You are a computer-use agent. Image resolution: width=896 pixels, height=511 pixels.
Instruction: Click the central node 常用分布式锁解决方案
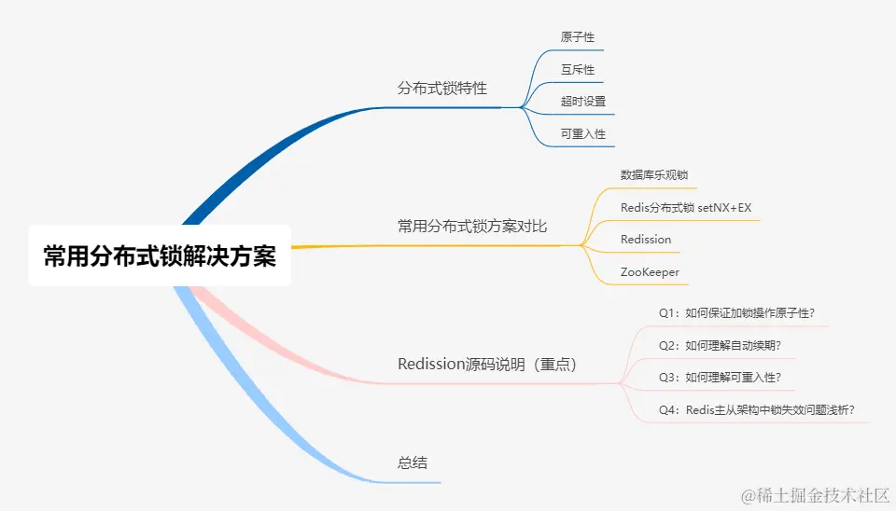coord(160,255)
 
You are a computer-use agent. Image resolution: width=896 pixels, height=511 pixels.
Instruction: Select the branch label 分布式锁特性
coord(441,89)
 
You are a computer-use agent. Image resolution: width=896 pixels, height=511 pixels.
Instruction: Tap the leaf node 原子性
coord(577,37)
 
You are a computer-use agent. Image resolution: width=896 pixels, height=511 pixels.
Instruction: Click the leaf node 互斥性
coord(577,70)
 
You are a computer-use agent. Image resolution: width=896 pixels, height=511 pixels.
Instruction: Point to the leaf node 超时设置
coord(583,102)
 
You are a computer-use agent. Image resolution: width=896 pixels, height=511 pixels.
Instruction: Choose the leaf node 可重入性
coord(583,134)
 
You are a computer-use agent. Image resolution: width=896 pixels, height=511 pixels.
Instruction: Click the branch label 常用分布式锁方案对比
coord(472,227)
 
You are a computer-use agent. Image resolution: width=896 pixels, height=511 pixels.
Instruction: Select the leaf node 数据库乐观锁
coord(654,175)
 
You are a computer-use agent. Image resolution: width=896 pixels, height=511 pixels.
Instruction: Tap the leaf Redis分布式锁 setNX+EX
coord(685,208)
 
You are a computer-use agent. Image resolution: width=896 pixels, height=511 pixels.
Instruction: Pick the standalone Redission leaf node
coord(646,240)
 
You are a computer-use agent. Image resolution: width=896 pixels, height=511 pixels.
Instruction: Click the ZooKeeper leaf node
coord(650,272)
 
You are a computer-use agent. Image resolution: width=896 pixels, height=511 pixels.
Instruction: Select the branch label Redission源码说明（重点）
coord(488,364)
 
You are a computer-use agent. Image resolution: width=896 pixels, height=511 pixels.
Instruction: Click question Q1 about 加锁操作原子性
coord(743,313)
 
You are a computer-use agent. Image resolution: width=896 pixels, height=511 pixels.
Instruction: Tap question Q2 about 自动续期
coord(720,346)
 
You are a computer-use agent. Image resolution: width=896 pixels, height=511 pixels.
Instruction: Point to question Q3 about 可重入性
coord(720,378)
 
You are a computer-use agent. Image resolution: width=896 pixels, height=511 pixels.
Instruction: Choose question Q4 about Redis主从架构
coord(757,410)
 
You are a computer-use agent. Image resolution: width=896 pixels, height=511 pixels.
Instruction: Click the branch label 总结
coord(413,463)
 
